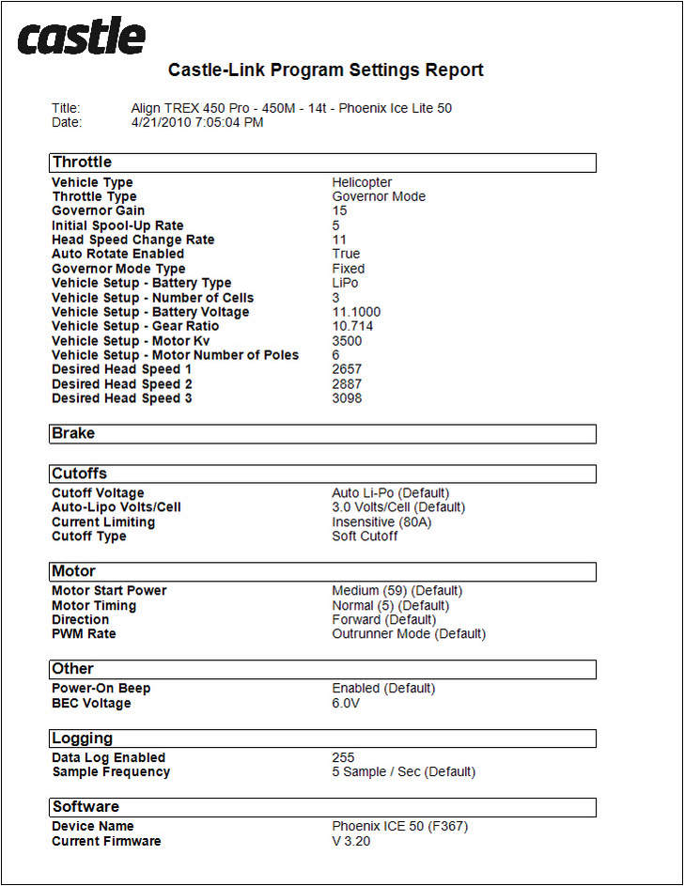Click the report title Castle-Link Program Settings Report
point(325,70)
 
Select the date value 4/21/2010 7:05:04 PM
point(197,122)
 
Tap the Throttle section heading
point(82,163)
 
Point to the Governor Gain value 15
point(339,210)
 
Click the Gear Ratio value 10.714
point(352,326)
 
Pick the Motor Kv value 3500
point(347,341)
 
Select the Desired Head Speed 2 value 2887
point(347,384)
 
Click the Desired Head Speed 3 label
point(122,398)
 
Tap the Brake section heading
point(73,433)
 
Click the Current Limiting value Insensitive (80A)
point(381,522)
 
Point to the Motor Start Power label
point(109,591)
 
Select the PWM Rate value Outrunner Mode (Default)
point(409,634)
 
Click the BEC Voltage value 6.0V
point(346,703)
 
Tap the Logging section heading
point(82,738)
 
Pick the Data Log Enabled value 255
point(343,757)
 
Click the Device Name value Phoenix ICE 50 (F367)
point(399,827)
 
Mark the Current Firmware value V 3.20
point(351,841)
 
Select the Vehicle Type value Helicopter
point(362,182)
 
